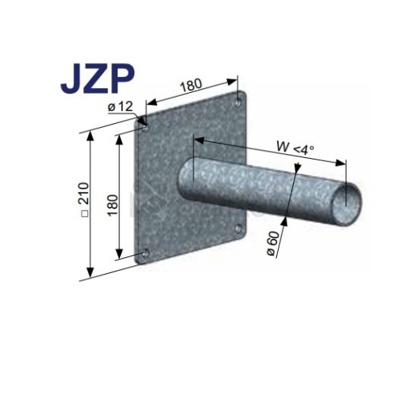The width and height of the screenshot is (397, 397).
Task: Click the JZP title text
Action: (97, 79)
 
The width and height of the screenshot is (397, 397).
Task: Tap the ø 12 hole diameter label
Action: (120, 107)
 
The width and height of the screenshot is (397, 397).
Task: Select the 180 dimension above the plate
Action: (191, 84)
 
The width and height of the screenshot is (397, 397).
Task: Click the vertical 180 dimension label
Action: (113, 205)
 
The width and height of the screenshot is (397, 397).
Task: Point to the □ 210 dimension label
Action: (84, 200)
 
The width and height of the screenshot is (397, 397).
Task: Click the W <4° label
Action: (295, 148)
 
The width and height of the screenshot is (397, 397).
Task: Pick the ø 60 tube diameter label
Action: (273, 244)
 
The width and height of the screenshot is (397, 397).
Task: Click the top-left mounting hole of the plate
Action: (145, 129)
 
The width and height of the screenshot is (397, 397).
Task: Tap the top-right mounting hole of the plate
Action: (238, 102)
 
